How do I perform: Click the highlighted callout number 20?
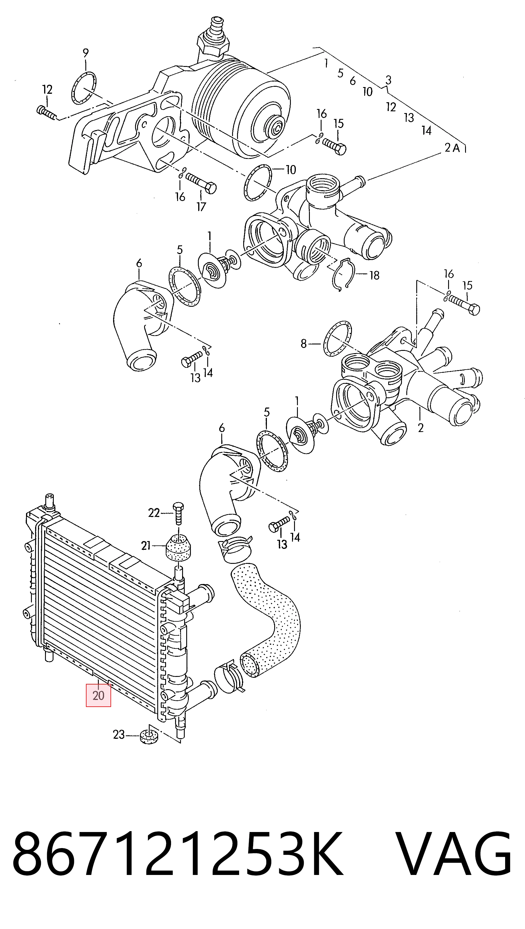pos(98,695)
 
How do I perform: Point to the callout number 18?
pos(374,275)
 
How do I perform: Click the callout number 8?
pos(303,344)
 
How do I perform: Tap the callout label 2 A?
pos(452,148)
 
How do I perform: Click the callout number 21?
pos(146,546)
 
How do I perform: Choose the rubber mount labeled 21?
pos(178,548)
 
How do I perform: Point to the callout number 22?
pos(154,512)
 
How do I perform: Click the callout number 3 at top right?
pos(388,80)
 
